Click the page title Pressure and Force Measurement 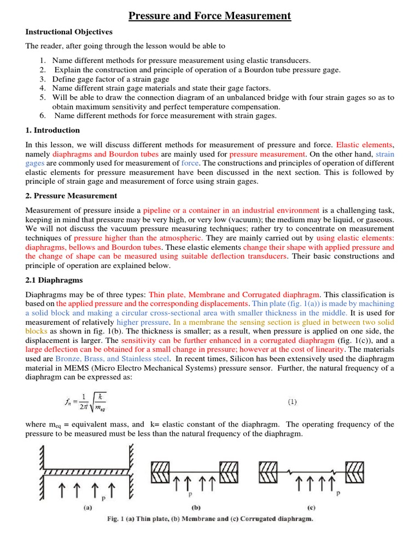[x=210, y=16]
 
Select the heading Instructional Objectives [x=69, y=32]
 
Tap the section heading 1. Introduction [x=52, y=130]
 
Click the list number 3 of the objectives [x=43, y=79]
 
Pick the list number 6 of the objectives [x=43, y=115]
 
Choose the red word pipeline [x=160, y=210]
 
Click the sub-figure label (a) [x=87, y=507]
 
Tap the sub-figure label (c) [x=311, y=507]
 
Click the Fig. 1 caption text [x=209, y=519]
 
